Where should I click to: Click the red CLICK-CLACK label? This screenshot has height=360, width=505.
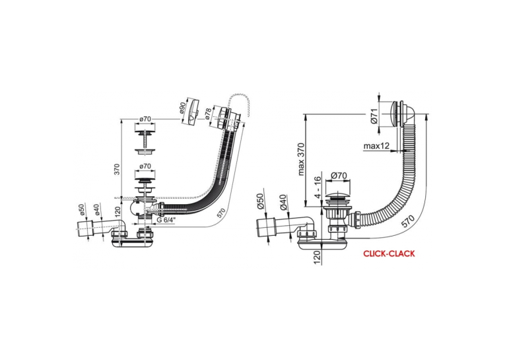click(389, 254)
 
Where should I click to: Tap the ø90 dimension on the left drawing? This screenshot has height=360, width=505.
click(182, 108)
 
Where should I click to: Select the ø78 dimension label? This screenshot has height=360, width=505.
click(209, 114)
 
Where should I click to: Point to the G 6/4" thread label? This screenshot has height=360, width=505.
click(166, 220)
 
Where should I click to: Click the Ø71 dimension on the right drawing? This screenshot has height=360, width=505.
click(374, 116)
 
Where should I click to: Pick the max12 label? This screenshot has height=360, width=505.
click(376, 146)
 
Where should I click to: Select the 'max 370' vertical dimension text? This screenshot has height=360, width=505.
click(301, 159)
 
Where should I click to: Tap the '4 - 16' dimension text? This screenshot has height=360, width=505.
click(318, 187)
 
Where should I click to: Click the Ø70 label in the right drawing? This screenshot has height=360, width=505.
click(339, 176)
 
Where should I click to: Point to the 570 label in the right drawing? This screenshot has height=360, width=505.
click(408, 221)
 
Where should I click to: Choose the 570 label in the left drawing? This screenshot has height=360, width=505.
click(221, 213)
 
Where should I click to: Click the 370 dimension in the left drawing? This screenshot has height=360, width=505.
click(117, 169)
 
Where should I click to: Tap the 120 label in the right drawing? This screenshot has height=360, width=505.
click(317, 258)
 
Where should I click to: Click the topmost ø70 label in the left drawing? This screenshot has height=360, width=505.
click(145, 120)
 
